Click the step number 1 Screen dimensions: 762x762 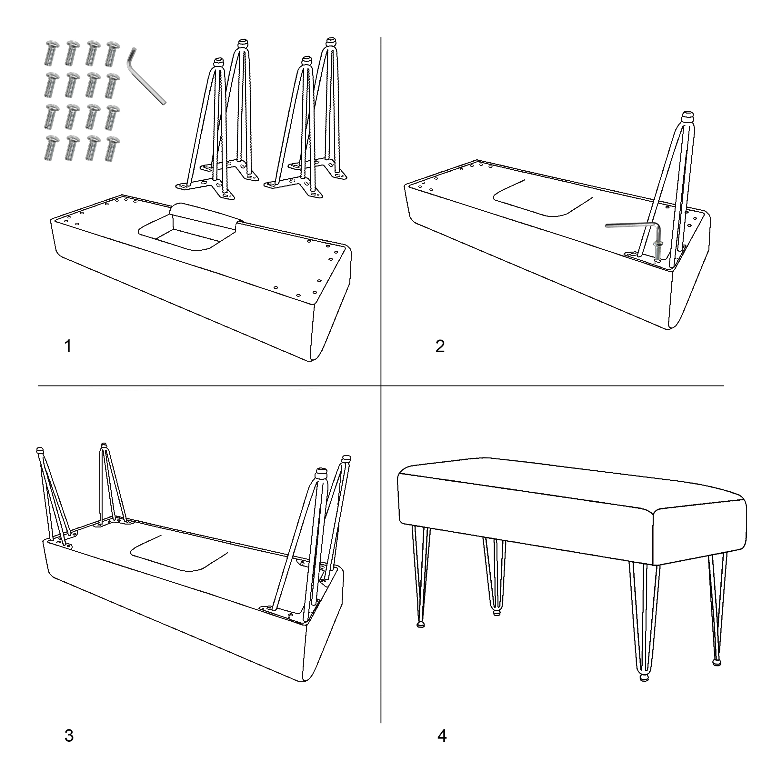(68, 346)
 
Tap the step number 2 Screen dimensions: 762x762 (440, 346)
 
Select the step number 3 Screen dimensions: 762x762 (69, 736)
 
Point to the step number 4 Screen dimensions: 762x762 (442, 736)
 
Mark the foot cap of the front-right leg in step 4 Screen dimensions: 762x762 (645, 677)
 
